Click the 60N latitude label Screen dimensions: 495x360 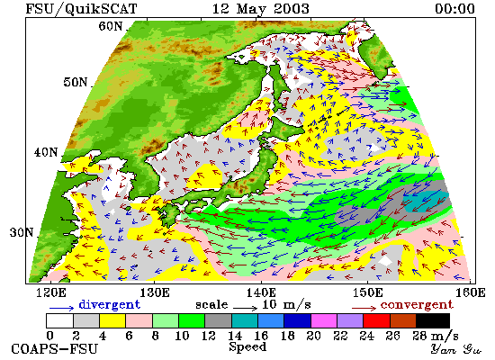point(110,26)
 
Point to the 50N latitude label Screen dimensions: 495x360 point(76,82)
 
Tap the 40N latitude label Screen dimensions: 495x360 point(46,152)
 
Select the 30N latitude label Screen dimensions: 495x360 point(22,233)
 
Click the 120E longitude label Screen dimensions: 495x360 point(51,292)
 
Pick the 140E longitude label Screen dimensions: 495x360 point(261,292)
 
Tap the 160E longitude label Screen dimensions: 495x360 point(471,292)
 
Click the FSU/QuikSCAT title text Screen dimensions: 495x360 point(81,9)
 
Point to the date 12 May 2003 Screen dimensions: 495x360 point(261,8)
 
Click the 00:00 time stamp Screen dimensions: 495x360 point(454,8)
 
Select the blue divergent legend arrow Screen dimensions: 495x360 point(61,308)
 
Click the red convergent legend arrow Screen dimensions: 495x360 point(364,308)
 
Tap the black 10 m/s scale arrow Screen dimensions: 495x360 point(246,307)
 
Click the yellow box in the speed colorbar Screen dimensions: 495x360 point(112,320)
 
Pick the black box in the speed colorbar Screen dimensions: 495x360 point(433,320)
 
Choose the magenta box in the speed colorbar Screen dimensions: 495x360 point(324,320)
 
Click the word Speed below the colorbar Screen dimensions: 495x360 point(247,347)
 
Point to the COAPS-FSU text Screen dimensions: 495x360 point(55,349)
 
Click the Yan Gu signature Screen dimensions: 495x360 point(456,349)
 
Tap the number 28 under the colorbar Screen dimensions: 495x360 point(420,336)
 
